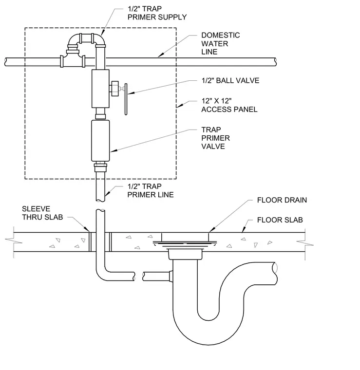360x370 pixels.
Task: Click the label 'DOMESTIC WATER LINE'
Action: click(x=221, y=43)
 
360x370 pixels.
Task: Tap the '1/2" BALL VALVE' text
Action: click(x=230, y=80)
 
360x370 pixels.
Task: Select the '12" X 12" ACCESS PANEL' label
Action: click(x=229, y=105)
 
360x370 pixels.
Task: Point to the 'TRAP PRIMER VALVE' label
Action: click(x=215, y=138)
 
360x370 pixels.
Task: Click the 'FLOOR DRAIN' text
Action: click(x=282, y=200)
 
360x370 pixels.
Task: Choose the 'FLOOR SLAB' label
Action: click(x=280, y=220)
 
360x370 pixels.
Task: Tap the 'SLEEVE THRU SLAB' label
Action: click(x=42, y=213)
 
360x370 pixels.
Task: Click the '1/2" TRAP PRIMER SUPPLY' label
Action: click(x=157, y=13)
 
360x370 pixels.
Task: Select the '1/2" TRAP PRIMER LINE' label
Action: click(x=151, y=190)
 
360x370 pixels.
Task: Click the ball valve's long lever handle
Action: click(x=126, y=99)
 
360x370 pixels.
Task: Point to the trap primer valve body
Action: click(x=100, y=141)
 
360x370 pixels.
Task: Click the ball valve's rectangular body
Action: click(x=100, y=89)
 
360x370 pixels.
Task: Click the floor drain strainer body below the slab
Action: click(x=185, y=254)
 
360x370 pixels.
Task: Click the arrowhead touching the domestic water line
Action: click(x=161, y=55)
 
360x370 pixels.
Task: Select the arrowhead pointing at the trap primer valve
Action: click(x=114, y=150)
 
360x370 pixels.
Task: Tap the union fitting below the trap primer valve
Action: click(x=100, y=166)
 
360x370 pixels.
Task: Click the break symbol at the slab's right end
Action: click(x=305, y=243)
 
